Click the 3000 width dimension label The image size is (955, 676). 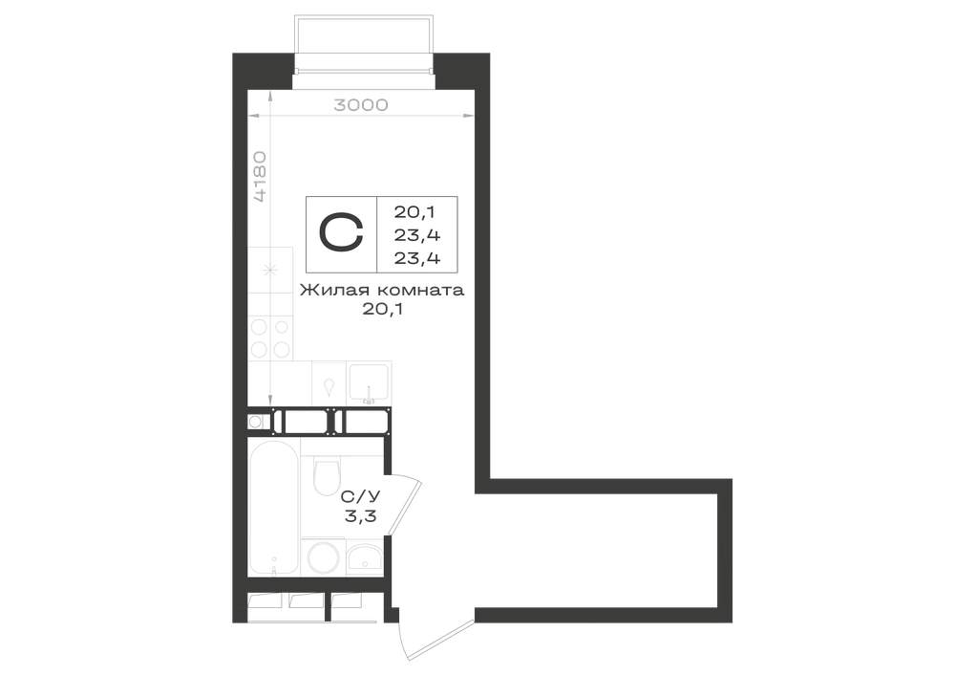tap(361, 105)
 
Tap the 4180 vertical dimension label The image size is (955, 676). tap(260, 176)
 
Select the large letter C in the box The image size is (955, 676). tap(342, 233)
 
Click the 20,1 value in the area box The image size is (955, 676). tap(417, 212)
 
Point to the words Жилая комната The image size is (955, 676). tap(382, 290)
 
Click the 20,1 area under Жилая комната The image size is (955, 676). tap(383, 309)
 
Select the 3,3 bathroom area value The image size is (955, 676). tap(361, 516)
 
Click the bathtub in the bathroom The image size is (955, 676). tap(273, 508)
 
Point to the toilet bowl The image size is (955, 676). tap(327, 477)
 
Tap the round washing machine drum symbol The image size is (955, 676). tap(324, 556)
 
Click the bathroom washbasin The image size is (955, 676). tap(365, 557)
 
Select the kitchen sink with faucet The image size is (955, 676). tap(369, 382)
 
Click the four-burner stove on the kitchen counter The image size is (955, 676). tap(270, 338)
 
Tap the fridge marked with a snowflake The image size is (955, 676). tap(270, 270)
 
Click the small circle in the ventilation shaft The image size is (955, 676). tap(256, 422)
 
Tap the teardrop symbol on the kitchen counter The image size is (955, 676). tap(329, 386)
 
